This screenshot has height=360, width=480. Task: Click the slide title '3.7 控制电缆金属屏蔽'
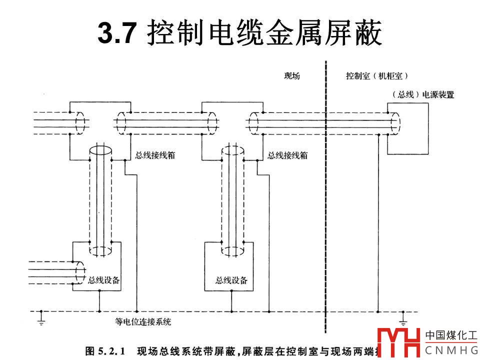[240, 33]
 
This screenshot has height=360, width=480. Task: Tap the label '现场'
[291, 76]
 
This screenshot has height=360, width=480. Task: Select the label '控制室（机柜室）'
[377, 76]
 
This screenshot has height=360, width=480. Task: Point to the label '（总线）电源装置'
[423, 94]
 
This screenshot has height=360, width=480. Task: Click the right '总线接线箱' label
[287, 155]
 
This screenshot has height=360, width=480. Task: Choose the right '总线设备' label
[231, 280]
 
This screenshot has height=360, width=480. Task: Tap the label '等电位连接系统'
[142, 322]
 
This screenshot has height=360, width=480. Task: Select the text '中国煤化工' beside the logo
[451, 335]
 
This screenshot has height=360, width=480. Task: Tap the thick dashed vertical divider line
[325, 200]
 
